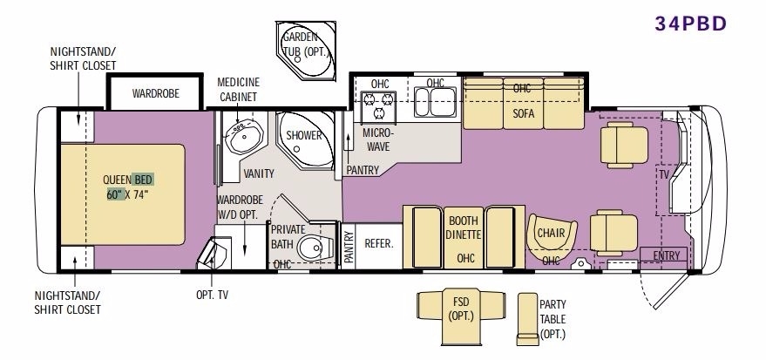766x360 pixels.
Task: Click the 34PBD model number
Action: (691, 24)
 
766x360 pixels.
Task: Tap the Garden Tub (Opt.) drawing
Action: (306, 51)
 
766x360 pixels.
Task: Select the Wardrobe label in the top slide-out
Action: (156, 93)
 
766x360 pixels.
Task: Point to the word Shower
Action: (304, 135)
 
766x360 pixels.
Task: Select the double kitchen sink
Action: (435, 102)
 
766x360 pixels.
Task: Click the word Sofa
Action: (523, 114)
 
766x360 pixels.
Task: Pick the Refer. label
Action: (379, 243)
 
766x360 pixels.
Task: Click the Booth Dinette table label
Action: (464, 228)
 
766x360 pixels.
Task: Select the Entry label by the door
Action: (667, 255)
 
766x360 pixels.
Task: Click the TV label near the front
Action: (664, 174)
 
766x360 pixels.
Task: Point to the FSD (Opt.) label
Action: (461, 309)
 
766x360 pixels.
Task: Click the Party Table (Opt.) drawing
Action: (527, 319)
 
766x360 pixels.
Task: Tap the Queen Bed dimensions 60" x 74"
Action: (127, 195)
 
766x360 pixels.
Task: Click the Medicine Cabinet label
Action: (239, 90)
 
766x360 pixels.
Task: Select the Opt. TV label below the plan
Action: (212, 295)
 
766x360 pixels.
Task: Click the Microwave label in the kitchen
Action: (377, 139)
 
